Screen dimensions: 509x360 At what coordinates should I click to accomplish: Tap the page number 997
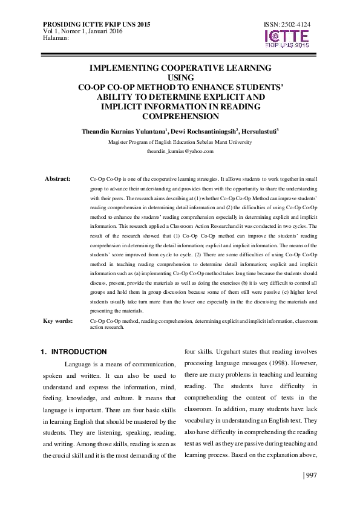click(x=309, y=475)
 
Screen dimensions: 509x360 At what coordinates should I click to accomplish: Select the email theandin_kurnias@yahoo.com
click(x=180, y=151)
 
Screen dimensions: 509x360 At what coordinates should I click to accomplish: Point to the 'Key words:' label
click(x=58, y=321)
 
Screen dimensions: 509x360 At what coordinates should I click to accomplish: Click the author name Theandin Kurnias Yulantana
click(x=119, y=131)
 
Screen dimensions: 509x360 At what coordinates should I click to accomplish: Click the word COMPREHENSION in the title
click(x=180, y=116)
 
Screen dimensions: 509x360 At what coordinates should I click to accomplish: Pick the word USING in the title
click(x=180, y=77)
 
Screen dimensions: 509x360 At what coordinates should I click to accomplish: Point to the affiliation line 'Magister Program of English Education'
click(x=180, y=142)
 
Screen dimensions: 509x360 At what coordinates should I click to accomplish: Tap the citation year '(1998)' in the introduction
click(x=272, y=363)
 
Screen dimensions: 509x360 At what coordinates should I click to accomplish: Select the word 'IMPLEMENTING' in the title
click(x=125, y=68)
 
